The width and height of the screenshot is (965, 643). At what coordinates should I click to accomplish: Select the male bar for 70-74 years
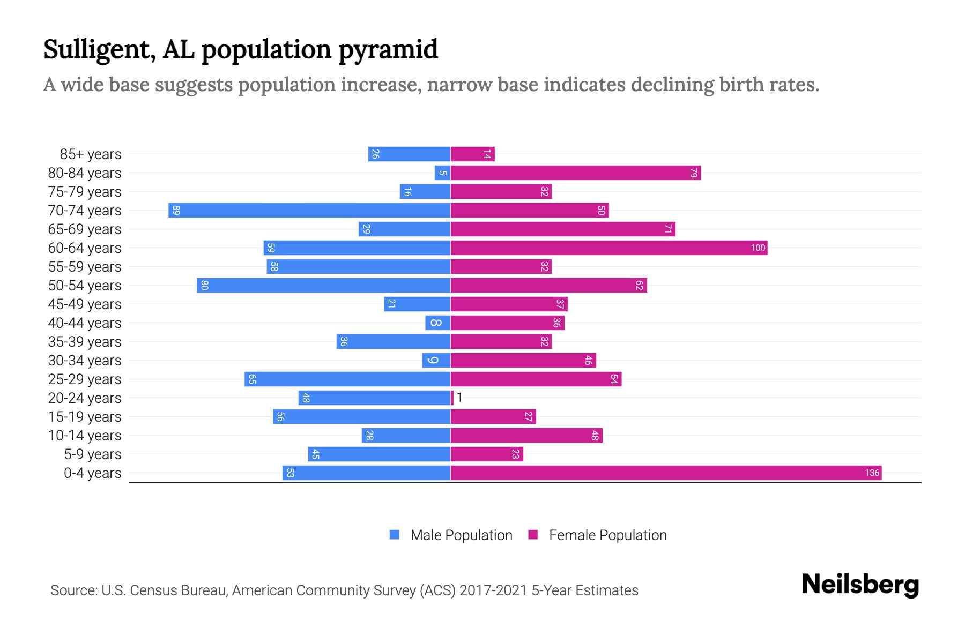(x=309, y=210)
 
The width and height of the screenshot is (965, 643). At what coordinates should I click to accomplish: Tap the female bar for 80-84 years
(x=575, y=173)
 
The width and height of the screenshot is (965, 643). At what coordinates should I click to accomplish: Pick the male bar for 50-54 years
(x=323, y=285)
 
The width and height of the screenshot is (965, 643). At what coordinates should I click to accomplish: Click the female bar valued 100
(x=608, y=248)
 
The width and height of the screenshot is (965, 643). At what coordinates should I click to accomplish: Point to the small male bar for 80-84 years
(x=442, y=173)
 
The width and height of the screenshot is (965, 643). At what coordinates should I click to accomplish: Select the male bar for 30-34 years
(x=436, y=360)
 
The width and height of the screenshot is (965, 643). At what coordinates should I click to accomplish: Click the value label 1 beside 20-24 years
(x=459, y=398)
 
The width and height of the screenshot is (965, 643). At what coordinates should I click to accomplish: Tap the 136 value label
(x=872, y=473)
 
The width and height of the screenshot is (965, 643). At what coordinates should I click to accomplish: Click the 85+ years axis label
(x=91, y=154)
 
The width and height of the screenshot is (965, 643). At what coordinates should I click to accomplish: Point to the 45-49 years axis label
(x=85, y=304)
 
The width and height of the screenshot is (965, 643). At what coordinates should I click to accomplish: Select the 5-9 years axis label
(x=93, y=454)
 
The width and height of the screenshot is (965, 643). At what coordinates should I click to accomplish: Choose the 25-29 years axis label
(x=85, y=379)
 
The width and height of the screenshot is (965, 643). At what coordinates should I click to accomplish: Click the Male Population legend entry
(x=461, y=535)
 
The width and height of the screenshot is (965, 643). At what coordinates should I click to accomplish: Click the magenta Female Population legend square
(x=533, y=535)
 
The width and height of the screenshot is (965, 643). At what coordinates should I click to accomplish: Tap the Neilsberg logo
(x=860, y=585)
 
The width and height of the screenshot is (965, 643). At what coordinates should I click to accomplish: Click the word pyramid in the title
(x=388, y=50)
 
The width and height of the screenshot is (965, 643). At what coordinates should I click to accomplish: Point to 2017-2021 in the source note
(x=493, y=590)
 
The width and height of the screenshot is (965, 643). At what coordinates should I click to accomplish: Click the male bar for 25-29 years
(x=347, y=379)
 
